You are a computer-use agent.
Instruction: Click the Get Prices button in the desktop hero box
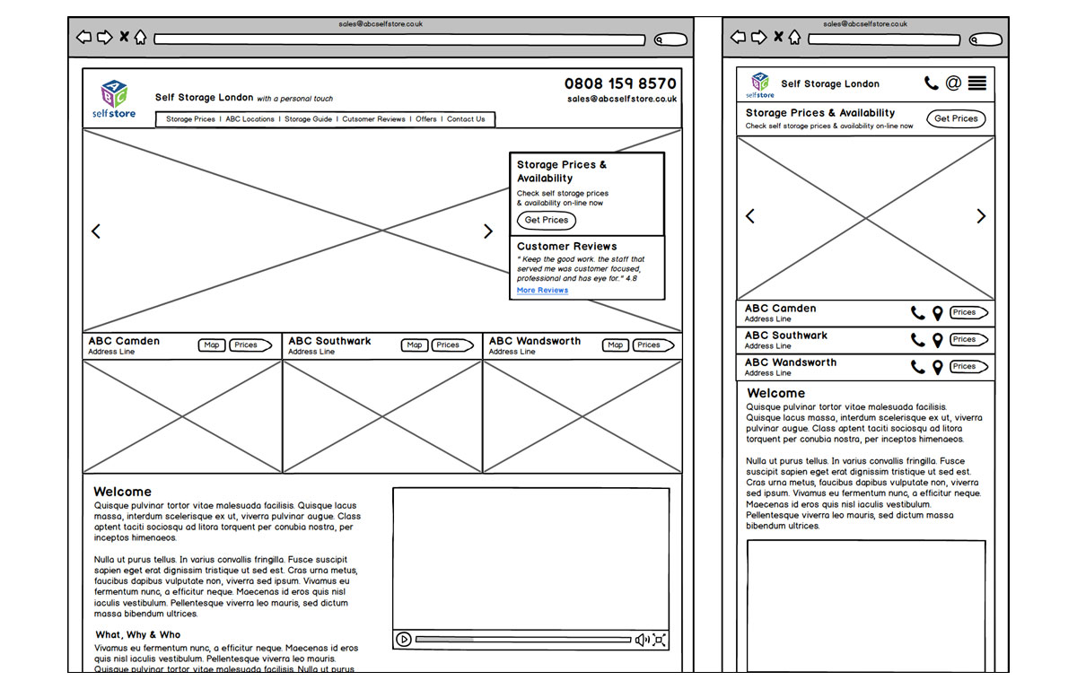point(546,220)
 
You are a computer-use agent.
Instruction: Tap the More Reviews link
point(542,291)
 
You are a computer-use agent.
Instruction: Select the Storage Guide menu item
point(308,119)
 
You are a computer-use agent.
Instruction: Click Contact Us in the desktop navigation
point(466,119)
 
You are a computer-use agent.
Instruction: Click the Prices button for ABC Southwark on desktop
point(451,345)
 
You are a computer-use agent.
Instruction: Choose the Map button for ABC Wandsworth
point(615,345)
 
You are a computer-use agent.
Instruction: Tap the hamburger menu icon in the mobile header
point(977,83)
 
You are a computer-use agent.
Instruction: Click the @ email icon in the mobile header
point(953,83)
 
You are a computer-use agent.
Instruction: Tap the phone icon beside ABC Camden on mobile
point(917,313)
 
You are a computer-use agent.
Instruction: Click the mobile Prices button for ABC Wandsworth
point(968,367)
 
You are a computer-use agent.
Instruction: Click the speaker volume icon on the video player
point(642,640)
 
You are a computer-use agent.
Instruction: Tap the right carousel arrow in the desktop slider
point(488,231)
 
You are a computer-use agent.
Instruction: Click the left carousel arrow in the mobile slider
point(750,216)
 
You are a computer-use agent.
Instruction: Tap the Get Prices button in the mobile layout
point(956,118)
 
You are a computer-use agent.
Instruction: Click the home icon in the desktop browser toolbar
point(141,38)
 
